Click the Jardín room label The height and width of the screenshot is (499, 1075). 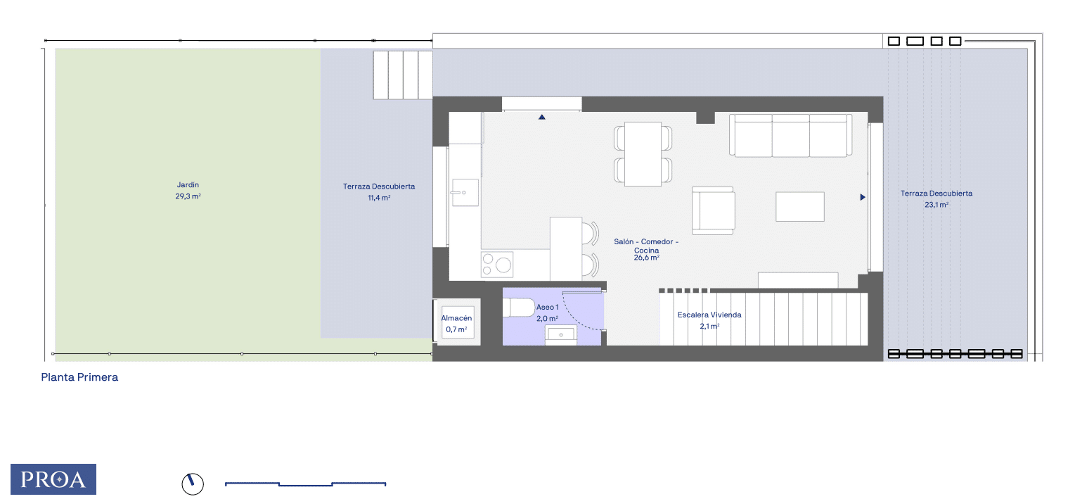[x=188, y=185]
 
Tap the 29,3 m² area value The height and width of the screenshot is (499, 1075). [x=188, y=196]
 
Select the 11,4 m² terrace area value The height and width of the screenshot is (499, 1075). [x=379, y=198]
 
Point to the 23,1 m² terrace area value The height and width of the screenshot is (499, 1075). [x=936, y=205]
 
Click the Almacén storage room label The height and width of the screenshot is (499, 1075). [x=456, y=318]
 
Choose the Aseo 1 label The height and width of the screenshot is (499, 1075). [x=547, y=308]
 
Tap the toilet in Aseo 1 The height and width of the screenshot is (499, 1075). [x=519, y=308]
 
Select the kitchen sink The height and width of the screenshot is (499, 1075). [x=465, y=193]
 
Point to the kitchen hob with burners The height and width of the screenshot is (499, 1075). [x=496, y=265]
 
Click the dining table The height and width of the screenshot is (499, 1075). [x=643, y=154]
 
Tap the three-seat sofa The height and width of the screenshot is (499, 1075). [x=790, y=135]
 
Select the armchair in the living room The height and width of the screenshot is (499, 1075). [x=713, y=211]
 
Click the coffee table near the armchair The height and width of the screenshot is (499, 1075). [x=800, y=206]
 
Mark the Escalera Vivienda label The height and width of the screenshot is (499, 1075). [x=709, y=315]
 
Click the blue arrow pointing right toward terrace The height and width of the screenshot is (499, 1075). [x=863, y=197]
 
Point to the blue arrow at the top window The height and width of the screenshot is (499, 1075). [x=542, y=117]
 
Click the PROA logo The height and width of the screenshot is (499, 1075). [x=53, y=479]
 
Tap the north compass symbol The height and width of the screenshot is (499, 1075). [x=193, y=484]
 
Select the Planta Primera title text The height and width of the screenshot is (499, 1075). [x=79, y=377]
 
